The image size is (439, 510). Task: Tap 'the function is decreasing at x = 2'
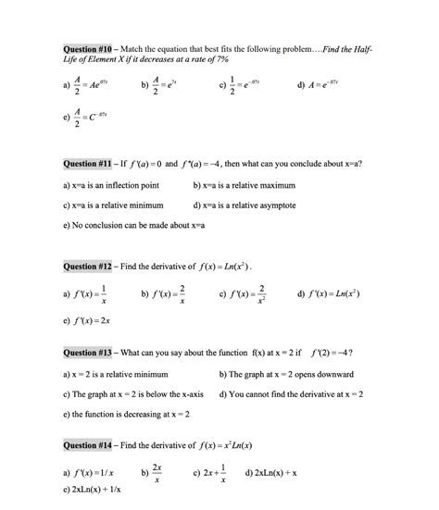[124, 415]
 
